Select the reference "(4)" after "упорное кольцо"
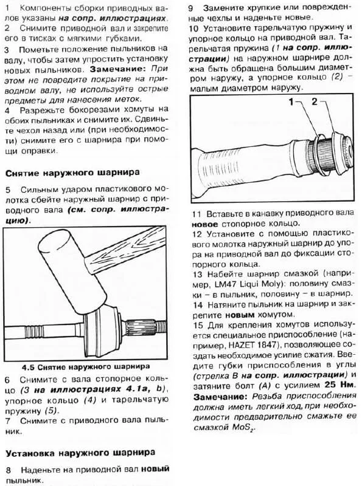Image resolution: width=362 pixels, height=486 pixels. pyautogui.click(x=110, y=401)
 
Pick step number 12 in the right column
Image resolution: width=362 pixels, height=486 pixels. pyautogui.click(x=196, y=234)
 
